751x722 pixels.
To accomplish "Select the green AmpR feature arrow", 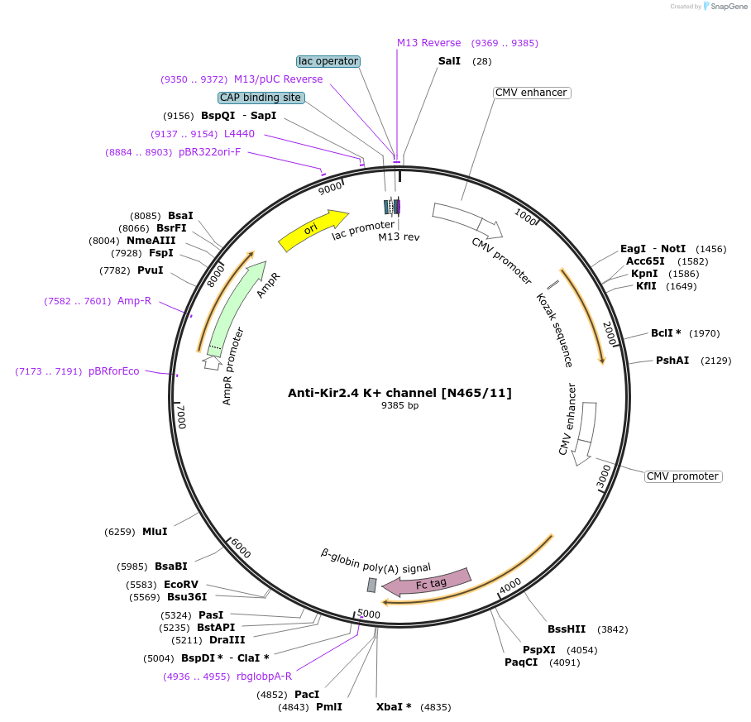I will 237,307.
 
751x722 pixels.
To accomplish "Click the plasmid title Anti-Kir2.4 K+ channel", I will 399,393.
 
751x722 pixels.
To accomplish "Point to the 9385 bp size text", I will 399,406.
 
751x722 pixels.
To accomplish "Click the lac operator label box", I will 328,61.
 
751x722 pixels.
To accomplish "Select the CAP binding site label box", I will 261,98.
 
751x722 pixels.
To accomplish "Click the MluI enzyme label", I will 155,531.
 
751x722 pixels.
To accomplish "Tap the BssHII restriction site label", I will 567,629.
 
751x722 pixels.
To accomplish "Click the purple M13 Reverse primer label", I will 428,43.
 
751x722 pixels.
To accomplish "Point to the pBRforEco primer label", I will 114,371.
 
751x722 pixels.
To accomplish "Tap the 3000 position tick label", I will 605,476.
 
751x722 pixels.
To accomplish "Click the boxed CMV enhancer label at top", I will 531,93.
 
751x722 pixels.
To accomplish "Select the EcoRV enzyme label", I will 180,584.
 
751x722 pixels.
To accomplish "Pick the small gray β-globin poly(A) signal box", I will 372,585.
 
